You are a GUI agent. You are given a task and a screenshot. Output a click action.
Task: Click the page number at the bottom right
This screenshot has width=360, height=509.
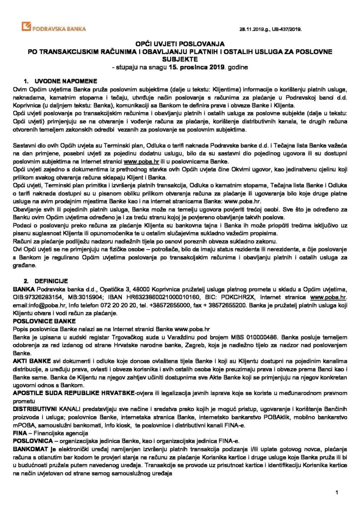coord(338,478)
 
